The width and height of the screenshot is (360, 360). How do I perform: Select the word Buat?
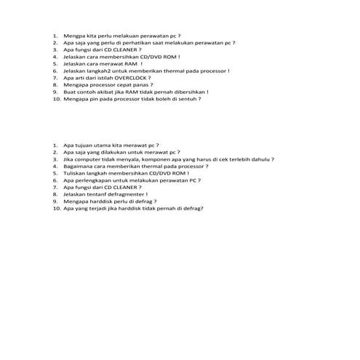click(x=70, y=92)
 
